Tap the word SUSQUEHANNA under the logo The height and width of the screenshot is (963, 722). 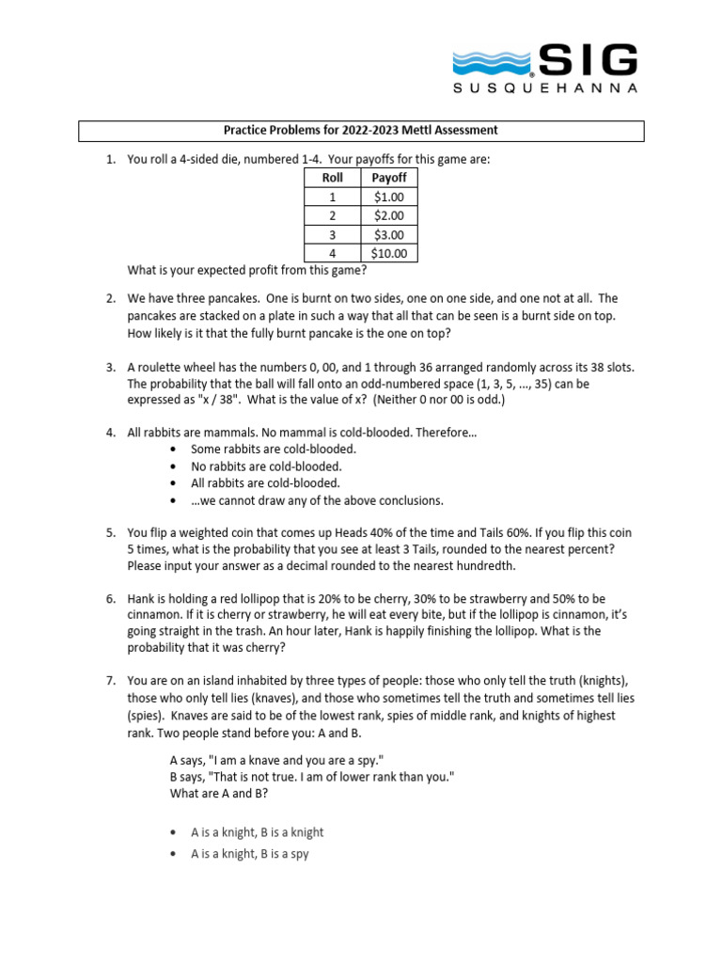(545, 88)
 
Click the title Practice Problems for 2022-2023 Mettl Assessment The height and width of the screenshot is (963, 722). (360, 131)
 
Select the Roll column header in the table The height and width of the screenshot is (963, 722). (332, 177)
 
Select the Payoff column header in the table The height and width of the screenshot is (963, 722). (389, 177)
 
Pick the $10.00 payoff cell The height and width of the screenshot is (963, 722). (389, 253)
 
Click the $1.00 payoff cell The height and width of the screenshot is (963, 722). (389, 197)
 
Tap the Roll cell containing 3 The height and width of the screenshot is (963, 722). (332, 234)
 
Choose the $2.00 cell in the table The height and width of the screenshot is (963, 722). (389, 215)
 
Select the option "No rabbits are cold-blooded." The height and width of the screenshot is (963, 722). (266, 466)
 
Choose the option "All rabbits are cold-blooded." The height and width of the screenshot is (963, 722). (266, 483)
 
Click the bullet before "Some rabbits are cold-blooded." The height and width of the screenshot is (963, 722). (173, 450)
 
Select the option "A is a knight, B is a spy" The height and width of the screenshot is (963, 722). (249, 854)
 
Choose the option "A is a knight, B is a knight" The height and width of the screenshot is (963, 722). (257, 832)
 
